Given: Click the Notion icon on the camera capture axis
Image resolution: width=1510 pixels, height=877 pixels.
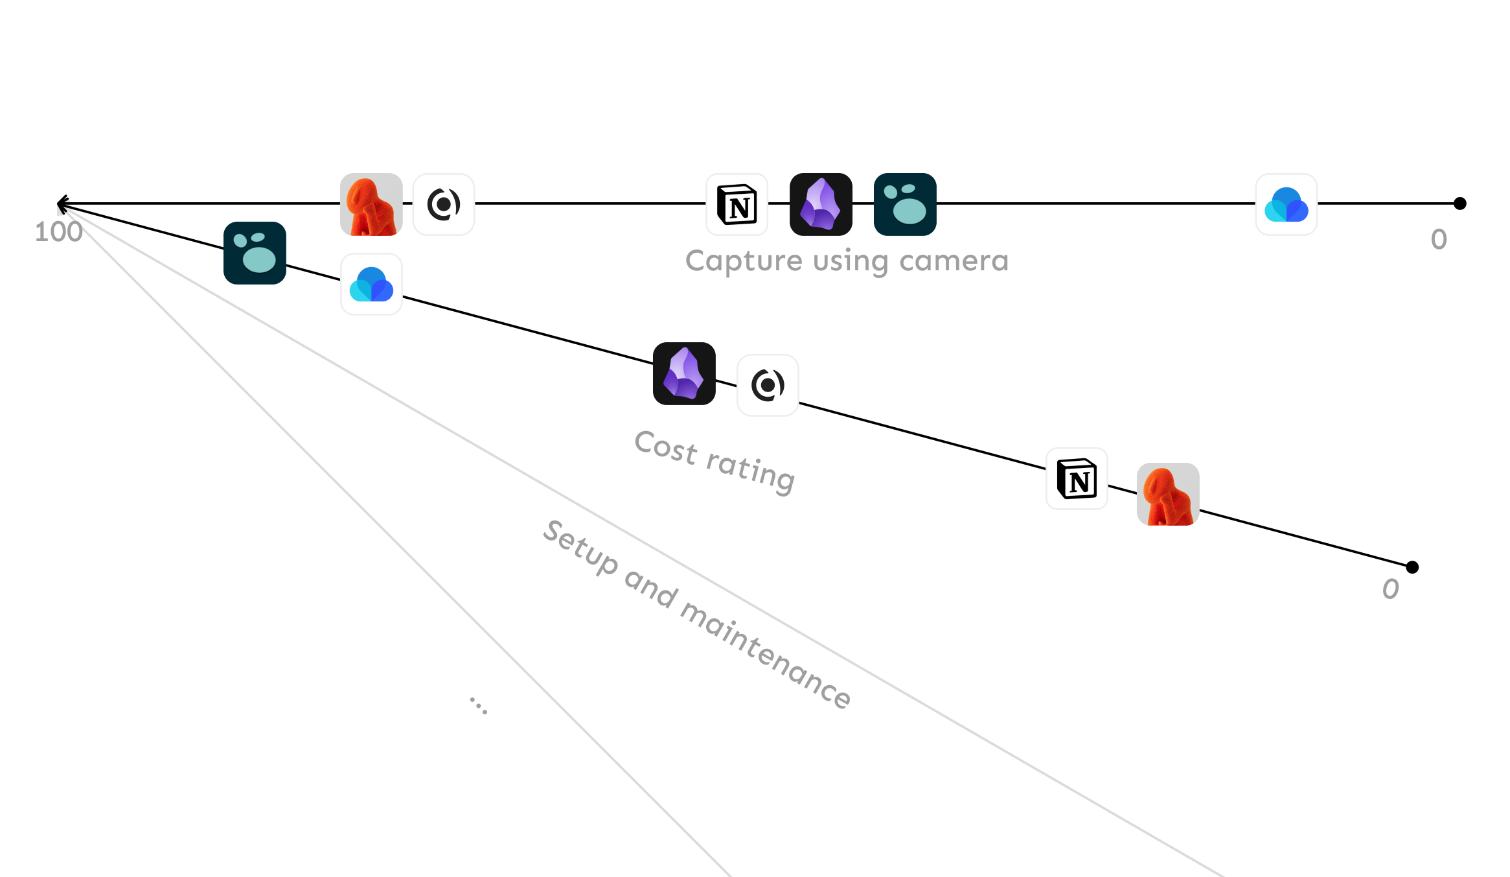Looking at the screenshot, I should point(737,204).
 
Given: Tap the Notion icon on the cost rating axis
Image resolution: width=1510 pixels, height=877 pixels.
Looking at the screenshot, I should point(1077,479).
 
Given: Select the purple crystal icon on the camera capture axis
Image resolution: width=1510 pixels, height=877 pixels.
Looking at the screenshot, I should point(821,204).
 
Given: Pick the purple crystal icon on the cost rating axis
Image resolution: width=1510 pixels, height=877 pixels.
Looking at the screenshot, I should point(684,373).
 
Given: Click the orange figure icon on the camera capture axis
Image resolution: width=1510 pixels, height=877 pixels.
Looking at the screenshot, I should point(371,204).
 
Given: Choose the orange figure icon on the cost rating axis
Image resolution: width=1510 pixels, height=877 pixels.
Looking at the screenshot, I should point(1168,494).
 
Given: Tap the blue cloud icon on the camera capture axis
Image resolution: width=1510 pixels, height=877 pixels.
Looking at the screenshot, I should point(1286,204).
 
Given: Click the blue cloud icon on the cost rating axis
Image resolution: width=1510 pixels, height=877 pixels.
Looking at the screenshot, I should point(371,284).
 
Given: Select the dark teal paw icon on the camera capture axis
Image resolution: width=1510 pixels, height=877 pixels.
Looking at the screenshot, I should point(905,204).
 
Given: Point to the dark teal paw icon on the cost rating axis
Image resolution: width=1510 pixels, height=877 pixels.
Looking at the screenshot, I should point(255,253).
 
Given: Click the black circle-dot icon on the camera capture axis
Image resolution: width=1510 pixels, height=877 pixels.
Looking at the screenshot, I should point(444,204).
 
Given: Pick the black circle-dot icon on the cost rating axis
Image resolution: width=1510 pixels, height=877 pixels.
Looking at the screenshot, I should point(768,385).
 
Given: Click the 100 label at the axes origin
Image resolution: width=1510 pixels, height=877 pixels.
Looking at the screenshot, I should point(58,232).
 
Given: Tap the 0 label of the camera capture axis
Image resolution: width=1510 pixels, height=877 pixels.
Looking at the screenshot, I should point(1439,240).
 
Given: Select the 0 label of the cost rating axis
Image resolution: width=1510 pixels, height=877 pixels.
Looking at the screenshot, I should point(1390,589).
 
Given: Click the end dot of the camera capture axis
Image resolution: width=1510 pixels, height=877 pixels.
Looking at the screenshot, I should point(1459,204).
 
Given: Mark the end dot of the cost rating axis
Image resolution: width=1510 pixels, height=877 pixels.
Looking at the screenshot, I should point(1412,567).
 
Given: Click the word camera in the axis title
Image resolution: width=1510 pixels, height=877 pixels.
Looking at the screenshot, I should point(954,261).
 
